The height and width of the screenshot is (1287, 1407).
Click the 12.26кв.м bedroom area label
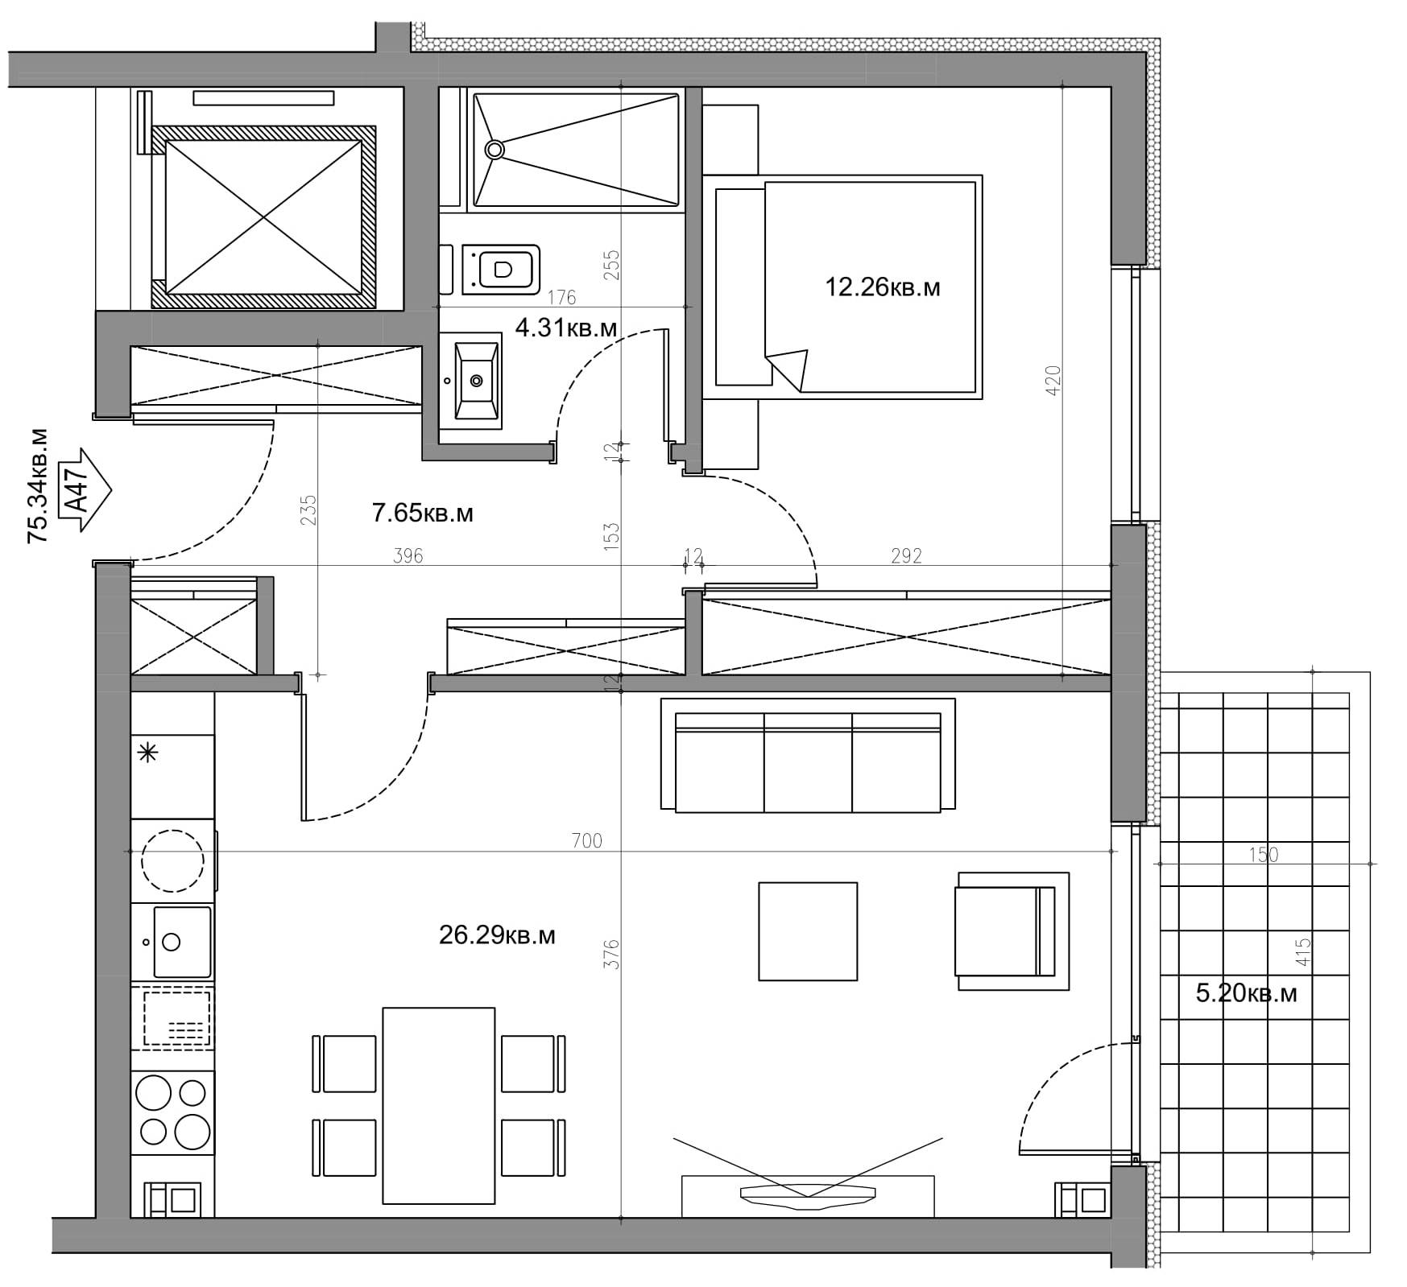pos(882,287)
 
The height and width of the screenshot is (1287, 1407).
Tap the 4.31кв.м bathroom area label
pos(565,328)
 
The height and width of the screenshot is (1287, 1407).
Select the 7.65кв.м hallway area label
pos(422,514)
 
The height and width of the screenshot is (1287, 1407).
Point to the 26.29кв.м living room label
pos(497,935)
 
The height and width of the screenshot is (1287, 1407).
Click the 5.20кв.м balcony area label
pos(1246,993)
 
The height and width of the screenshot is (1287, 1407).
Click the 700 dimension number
pos(586,841)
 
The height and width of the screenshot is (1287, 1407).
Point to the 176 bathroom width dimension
pos(561,298)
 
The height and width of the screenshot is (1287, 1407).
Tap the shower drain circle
pos(494,149)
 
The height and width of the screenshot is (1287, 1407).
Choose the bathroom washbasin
pos(477,381)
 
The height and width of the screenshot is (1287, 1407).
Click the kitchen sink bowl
pos(182,942)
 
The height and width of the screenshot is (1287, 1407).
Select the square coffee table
pos(808,931)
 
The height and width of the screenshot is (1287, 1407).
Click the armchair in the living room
pos(1012,931)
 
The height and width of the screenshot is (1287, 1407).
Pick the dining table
pos(438,1106)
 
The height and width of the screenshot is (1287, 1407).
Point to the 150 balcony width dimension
pos(1263,854)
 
